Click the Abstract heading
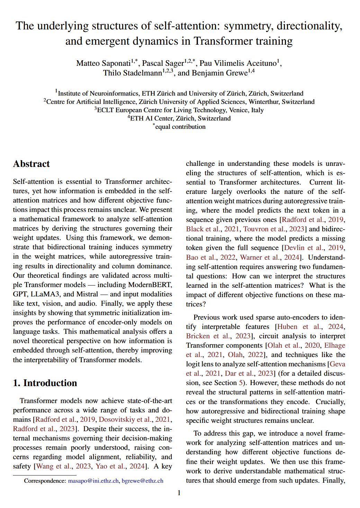tap(31, 164)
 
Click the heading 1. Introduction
tap(45, 383)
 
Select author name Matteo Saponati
tap(103, 63)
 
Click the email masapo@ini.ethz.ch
tap(93, 481)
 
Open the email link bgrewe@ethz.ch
tap(142, 481)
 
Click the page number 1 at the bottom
tap(179, 493)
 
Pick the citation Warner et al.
tap(261, 257)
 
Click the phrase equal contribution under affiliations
tap(180, 127)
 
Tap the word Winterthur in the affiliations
tap(264, 102)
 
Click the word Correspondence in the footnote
tap(45, 481)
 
